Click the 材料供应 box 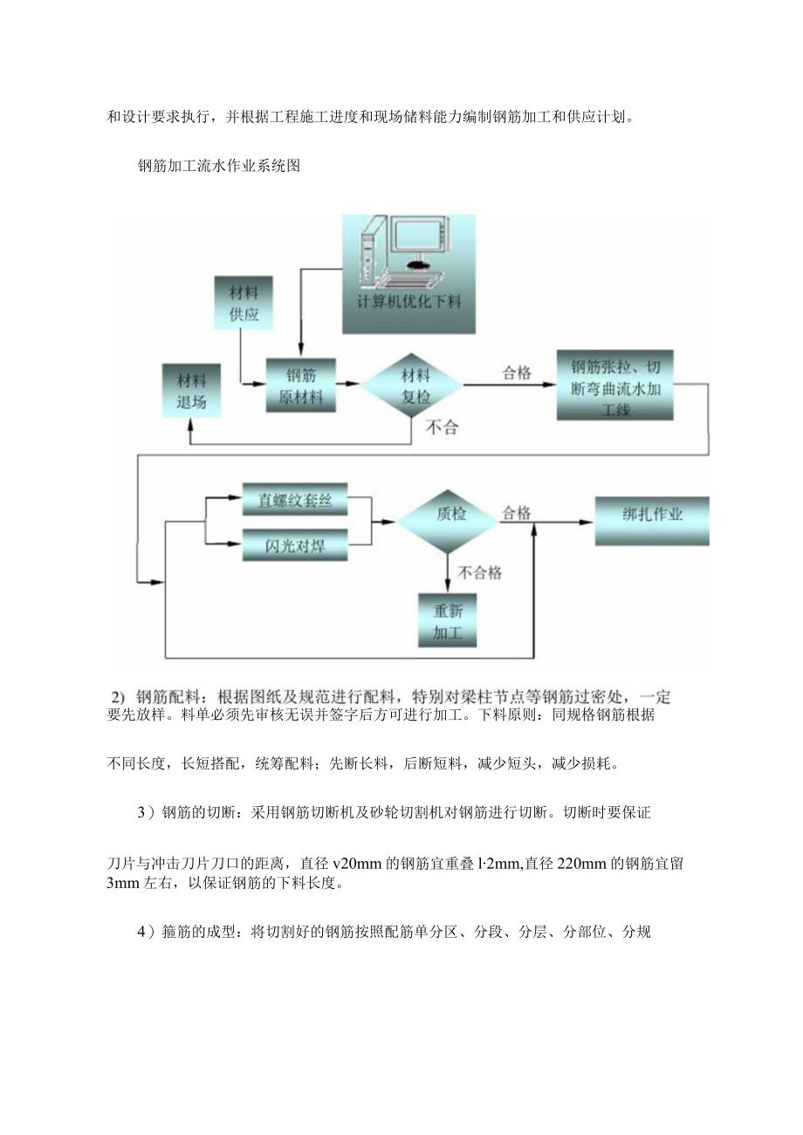(x=244, y=302)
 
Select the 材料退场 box (x=190, y=393)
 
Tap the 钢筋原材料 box (x=300, y=386)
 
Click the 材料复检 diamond (x=414, y=385)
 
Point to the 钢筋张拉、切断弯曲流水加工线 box (x=615, y=386)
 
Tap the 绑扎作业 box (x=652, y=515)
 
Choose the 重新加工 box (x=448, y=620)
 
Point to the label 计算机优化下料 (x=408, y=302)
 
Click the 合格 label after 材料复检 (x=516, y=373)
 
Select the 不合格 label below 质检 (x=480, y=572)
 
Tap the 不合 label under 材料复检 (x=442, y=427)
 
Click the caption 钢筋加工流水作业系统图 (x=219, y=166)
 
